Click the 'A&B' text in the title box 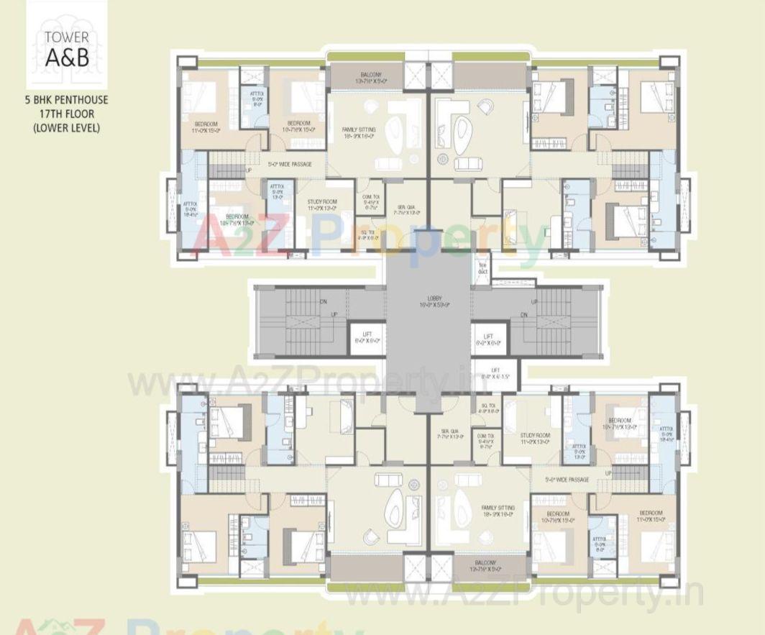[66, 58]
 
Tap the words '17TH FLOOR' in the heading [66, 114]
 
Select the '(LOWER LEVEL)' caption [66, 127]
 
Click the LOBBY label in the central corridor [434, 301]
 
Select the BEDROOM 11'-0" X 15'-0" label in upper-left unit [207, 127]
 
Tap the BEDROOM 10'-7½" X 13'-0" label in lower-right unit [619, 423]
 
